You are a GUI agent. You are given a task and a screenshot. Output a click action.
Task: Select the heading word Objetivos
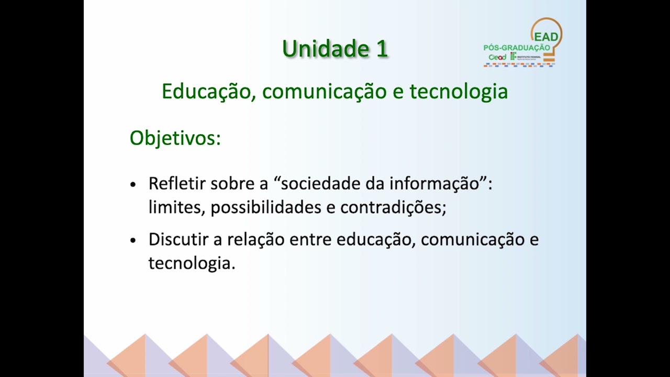(175, 138)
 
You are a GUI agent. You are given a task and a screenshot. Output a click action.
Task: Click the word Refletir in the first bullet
(177, 184)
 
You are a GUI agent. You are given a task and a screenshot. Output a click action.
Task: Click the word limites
(176, 207)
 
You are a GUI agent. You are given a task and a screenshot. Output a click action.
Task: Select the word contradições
(393, 207)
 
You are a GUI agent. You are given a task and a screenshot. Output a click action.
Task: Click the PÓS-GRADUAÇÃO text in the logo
(517, 48)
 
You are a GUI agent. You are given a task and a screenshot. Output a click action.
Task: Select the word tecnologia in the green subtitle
(459, 92)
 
